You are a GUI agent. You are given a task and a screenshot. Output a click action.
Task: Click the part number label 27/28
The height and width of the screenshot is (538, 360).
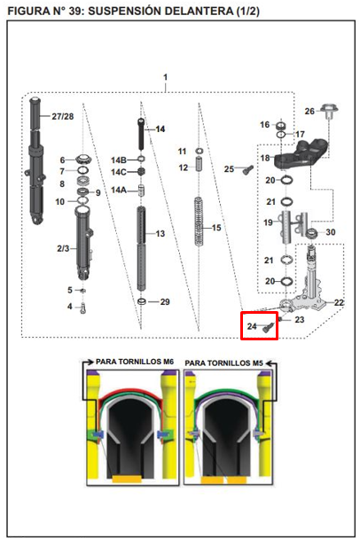[62, 117]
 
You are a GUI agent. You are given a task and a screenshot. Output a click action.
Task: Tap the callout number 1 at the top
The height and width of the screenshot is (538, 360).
[165, 78]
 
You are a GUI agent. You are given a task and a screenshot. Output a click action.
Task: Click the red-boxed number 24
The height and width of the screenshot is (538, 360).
[252, 327]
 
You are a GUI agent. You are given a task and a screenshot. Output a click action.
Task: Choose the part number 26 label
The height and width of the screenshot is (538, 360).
[309, 112]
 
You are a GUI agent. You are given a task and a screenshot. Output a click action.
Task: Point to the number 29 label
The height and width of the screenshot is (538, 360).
[164, 302]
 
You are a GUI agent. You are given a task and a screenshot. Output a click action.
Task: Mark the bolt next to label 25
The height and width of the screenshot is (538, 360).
[247, 169]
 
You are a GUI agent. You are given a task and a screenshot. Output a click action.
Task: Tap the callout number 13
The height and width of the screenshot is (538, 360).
[160, 234]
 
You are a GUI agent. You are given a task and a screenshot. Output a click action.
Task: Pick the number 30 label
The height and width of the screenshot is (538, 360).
[331, 233]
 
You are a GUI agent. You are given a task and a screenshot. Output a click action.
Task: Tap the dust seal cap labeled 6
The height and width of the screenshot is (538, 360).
[86, 160]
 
